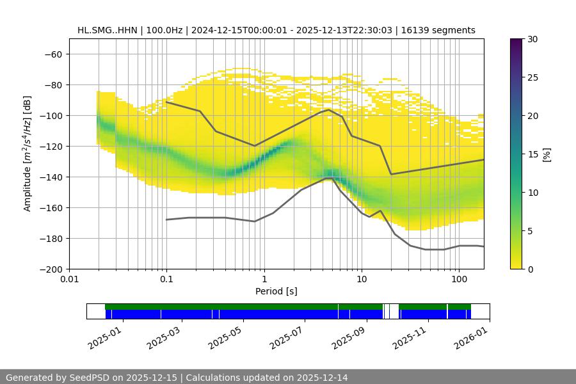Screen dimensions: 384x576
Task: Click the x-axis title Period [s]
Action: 276,291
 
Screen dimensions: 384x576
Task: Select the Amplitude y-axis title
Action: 27,154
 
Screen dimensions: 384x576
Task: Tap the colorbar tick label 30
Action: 532,39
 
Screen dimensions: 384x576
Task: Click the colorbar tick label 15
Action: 532,154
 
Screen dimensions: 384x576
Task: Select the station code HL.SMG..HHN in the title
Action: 106,30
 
